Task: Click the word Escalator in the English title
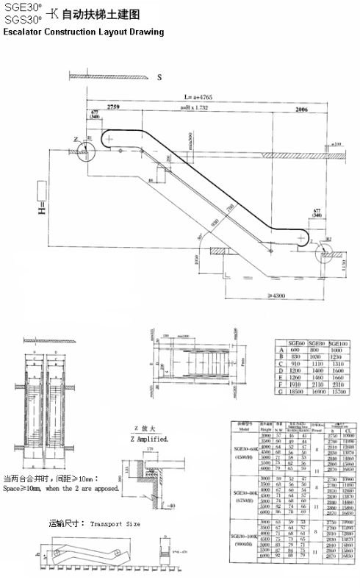tap(26, 33)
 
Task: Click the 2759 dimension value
tap(114, 107)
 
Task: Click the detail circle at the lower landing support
tap(325, 255)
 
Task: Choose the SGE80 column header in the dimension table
tap(317, 343)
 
